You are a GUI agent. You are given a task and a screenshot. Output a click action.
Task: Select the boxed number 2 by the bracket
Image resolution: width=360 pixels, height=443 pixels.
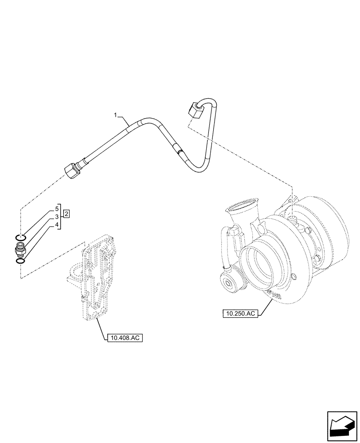click(x=66, y=215)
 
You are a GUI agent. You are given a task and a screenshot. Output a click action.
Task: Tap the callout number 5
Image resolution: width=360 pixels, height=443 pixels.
click(x=57, y=208)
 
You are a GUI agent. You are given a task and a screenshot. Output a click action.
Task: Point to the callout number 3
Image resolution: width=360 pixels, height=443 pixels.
click(x=57, y=217)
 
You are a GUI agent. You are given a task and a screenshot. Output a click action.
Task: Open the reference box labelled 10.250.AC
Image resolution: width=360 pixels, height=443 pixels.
click(x=240, y=314)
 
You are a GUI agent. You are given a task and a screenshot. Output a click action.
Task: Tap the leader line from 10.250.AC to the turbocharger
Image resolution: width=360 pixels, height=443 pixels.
click(x=266, y=306)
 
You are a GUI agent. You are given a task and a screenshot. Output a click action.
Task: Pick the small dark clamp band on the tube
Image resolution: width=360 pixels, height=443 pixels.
click(x=178, y=152)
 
